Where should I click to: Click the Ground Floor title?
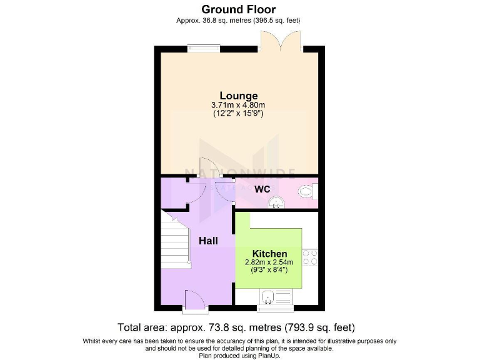tap(238, 9)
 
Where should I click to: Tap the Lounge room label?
tap(238, 96)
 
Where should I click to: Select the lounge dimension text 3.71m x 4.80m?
tap(238, 105)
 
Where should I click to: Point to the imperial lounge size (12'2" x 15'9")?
tap(238, 114)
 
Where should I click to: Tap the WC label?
tap(262, 189)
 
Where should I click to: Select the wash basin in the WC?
tap(275, 201)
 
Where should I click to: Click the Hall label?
tap(208, 240)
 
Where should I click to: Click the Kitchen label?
tap(269, 254)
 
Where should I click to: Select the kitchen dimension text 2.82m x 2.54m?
tap(269, 262)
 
